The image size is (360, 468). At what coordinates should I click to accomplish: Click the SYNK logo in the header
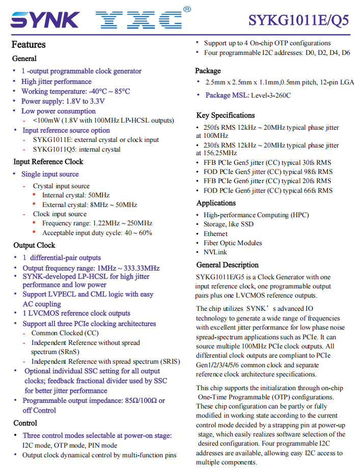(44, 20)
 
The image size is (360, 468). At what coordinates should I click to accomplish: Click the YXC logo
(139, 20)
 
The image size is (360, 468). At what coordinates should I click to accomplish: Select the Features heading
(29, 45)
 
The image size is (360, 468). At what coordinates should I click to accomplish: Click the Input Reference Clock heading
(48, 162)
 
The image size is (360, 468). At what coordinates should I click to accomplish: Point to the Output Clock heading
(35, 245)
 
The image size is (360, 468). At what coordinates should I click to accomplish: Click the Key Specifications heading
(225, 115)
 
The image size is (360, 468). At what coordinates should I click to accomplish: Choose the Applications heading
(216, 203)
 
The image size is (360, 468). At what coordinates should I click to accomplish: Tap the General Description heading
(227, 265)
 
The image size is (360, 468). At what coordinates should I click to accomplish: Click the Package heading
(208, 71)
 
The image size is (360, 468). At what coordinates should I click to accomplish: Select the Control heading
(25, 423)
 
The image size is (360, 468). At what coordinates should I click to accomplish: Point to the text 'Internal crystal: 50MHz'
(75, 195)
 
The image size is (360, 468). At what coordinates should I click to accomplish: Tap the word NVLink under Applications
(215, 252)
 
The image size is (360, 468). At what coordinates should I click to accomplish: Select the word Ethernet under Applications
(215, 233)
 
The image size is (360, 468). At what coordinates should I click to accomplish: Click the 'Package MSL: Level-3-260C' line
(248, 95)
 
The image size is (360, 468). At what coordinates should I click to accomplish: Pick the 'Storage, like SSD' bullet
(229, 224)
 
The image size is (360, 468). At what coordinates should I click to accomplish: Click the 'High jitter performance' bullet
(56, 81)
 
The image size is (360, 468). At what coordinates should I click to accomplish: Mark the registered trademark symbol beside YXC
(187, 9)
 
